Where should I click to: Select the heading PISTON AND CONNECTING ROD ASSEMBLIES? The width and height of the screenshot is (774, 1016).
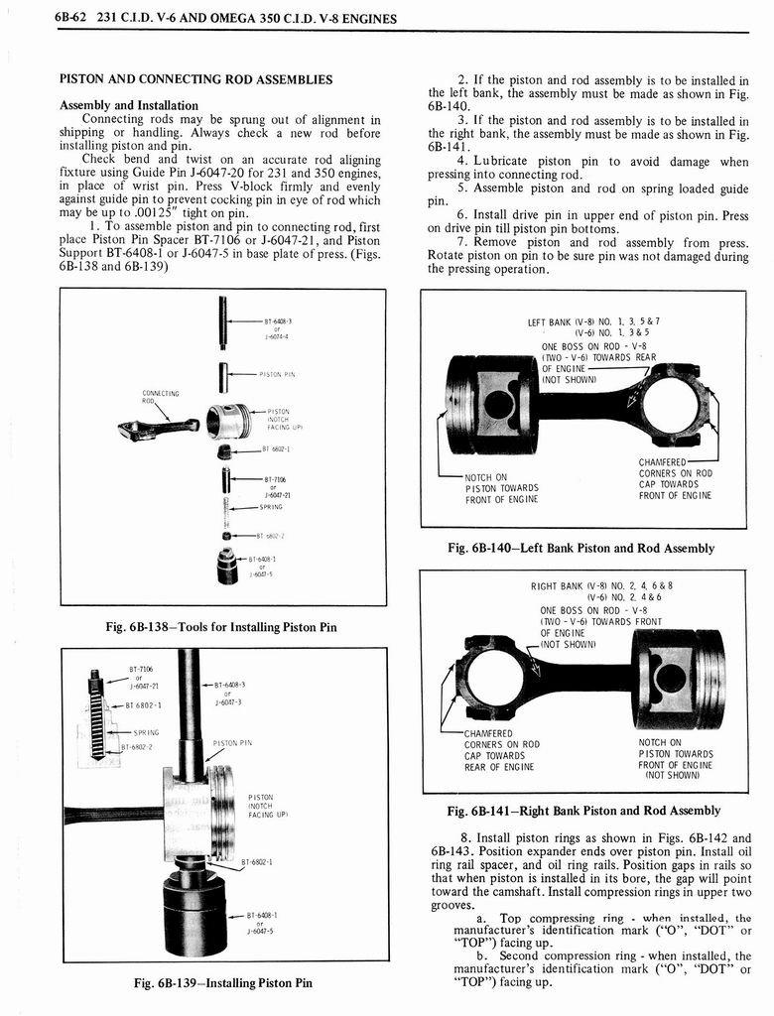195,79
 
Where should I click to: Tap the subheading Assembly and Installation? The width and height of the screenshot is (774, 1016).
129,105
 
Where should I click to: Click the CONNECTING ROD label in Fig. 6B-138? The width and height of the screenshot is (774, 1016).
157,396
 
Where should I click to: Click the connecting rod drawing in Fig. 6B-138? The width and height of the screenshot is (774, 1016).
157,428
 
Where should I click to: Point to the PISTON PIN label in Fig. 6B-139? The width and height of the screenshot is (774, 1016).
232,741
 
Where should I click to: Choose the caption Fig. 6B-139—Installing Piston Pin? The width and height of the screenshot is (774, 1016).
222,982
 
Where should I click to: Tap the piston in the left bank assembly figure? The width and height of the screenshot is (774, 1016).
491,403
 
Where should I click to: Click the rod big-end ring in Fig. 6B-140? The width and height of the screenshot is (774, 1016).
672,405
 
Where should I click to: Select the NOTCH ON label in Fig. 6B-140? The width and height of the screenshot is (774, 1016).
486,477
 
